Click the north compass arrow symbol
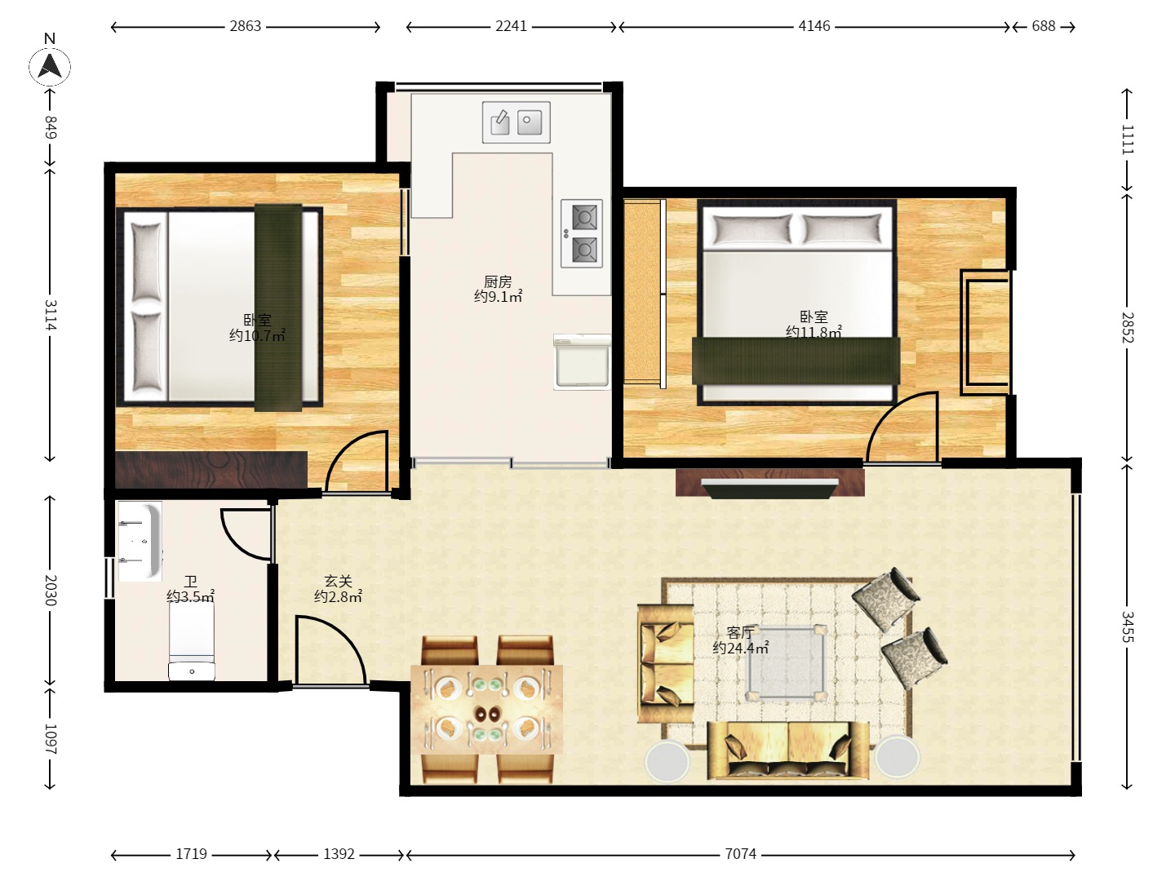click(x=50, y=67)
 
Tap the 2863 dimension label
click(x=245, y=26)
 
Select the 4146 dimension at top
click(x=814, y=26)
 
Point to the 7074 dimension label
click(x=740, y=854)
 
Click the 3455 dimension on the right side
click(x=1128, y=626)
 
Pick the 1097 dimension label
click(x=50, y=739)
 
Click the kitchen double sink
click(x=516, y=122)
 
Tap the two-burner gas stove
click(x=582, y=234)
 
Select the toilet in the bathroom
click(x=192, y=641)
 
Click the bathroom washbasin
click(x=140, y=542)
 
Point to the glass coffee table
click(x=787, y=662)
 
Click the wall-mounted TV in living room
click(x=769, y=489)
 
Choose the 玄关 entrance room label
click(x=339, y=581)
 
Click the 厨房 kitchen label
click(x=498, y=281)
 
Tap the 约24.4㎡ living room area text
click(x=740, y=648)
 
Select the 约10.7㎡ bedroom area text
click(x=257, y=335)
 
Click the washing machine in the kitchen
click(x=582, y=361)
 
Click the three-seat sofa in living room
click(x=788, y=750)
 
